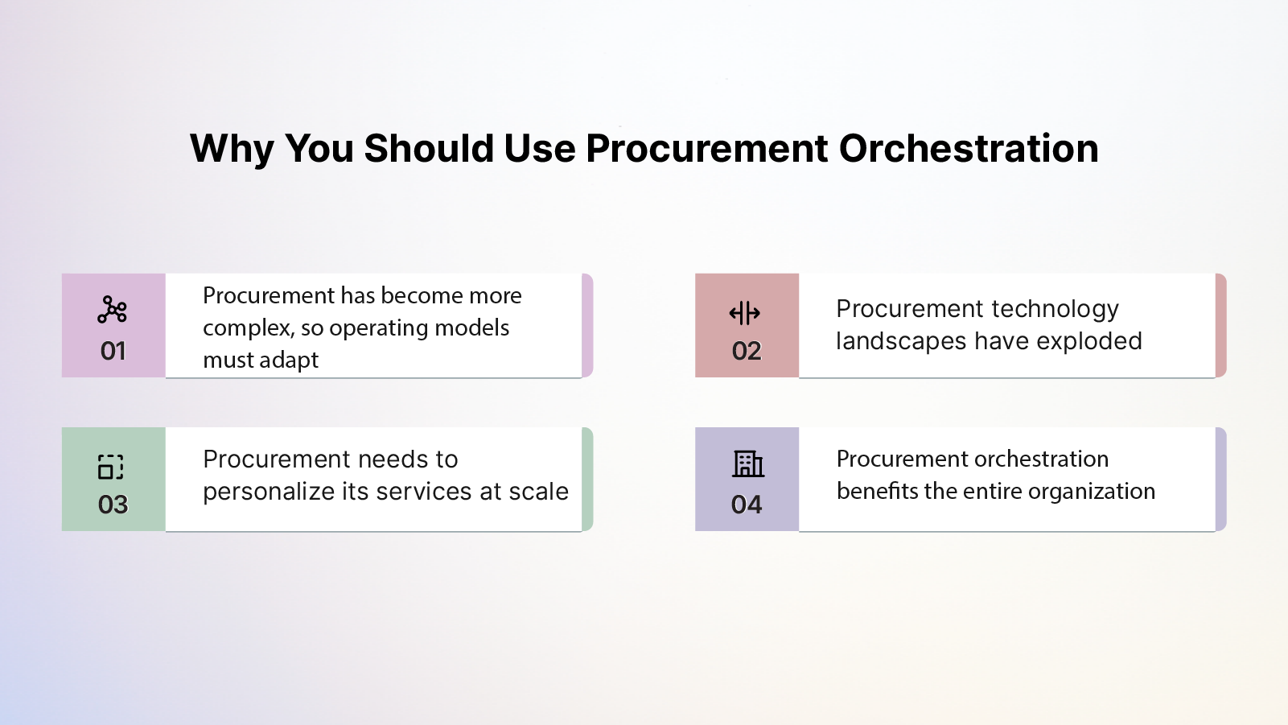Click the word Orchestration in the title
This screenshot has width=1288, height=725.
pos(969,149)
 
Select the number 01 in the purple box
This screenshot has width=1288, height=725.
pos(113,351)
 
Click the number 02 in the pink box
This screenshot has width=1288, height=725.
pos(747,351)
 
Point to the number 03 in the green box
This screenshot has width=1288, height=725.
pos(113,505)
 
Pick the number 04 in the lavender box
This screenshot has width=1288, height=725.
pos(747,505)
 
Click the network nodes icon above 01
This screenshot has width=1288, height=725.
pos(113,310)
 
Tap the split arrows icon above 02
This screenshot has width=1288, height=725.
pos(745,313)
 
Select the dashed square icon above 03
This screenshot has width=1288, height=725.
pos(111,467)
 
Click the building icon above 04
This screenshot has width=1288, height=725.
pos(748,463)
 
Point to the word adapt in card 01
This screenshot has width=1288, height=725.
pos(289,360)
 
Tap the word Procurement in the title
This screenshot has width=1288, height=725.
pos(706,149)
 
